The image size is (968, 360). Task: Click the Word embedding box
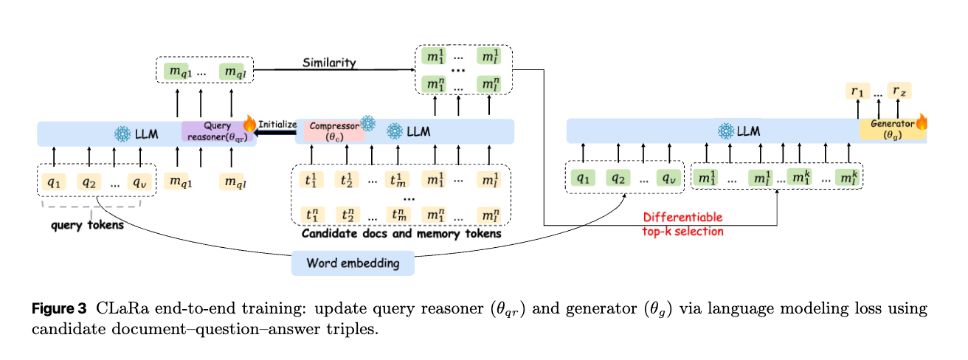click(x=353, y=263)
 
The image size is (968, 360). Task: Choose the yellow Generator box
click(x=891, y=129)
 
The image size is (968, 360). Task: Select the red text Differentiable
click(x=682, y=218)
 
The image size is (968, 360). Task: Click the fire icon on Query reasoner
click(x=249, y=122)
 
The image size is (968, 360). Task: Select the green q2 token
click(x=619, y=178)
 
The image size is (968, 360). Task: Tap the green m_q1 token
click(x=176, y=71)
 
